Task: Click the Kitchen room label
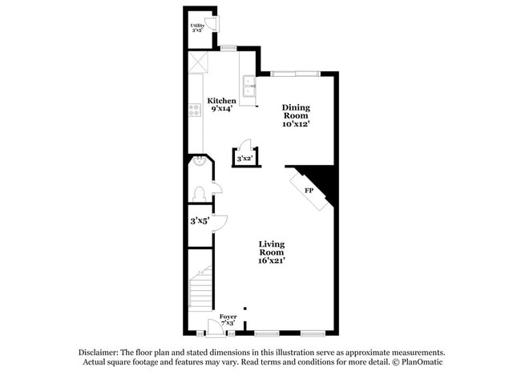[222, 101]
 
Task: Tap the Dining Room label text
[295, 111]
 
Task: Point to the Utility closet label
[197, 26]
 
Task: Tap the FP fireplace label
[308, 191]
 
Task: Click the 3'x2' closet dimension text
[244, 159]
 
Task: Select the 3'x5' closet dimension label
[199, 220]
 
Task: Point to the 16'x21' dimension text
[272, 260]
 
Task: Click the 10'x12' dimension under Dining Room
[295, 124]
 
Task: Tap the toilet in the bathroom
[198, 193]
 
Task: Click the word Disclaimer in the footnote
[99, 353]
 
